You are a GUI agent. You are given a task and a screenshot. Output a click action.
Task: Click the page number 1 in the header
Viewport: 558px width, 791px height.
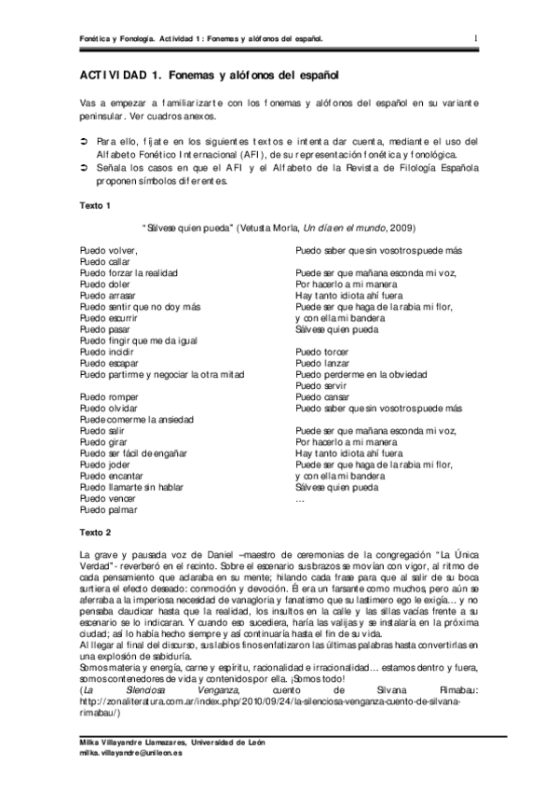(x=476, y=37)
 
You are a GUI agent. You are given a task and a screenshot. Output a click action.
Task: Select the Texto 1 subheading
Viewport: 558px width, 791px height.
(x=96, y=204)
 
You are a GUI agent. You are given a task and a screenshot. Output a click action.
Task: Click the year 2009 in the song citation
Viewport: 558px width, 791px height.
(x=401, y=227)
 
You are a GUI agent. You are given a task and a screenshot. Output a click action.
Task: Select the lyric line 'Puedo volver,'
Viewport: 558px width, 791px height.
(x=108, y=250)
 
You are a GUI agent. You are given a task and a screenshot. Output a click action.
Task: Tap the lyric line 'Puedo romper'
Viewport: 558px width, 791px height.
(x=109, y=397)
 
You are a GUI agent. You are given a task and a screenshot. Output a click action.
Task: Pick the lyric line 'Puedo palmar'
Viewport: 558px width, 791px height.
(x=108, y=510)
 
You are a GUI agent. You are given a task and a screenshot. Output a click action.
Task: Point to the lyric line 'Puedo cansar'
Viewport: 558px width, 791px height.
(x=321, y=397)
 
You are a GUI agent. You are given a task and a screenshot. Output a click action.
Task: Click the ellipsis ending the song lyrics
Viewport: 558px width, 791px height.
(x=299, y=499)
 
